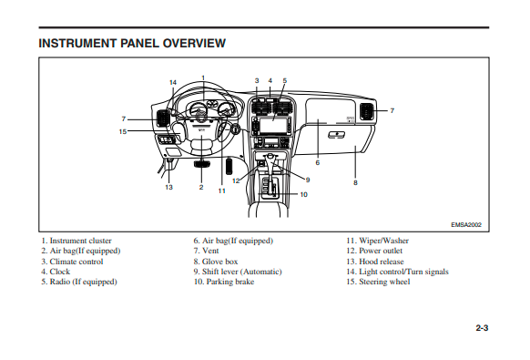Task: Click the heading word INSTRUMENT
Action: pos(77,44)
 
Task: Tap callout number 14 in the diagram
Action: pos(173,82)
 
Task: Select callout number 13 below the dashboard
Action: pos(169,187)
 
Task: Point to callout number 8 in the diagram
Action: pos(355,182)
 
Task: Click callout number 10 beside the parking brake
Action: pos(304,194)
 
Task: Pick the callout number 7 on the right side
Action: pos(392,110)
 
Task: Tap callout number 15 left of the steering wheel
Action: pos(123,131)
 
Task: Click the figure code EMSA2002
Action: pos(466,225)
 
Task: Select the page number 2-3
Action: pos(482,328)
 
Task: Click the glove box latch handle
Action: pos(337,135)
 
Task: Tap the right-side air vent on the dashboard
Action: pos(366,112)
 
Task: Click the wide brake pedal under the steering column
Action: pos(202,164)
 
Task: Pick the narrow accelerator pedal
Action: pos(229,166)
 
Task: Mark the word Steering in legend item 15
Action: pos(372,283)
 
